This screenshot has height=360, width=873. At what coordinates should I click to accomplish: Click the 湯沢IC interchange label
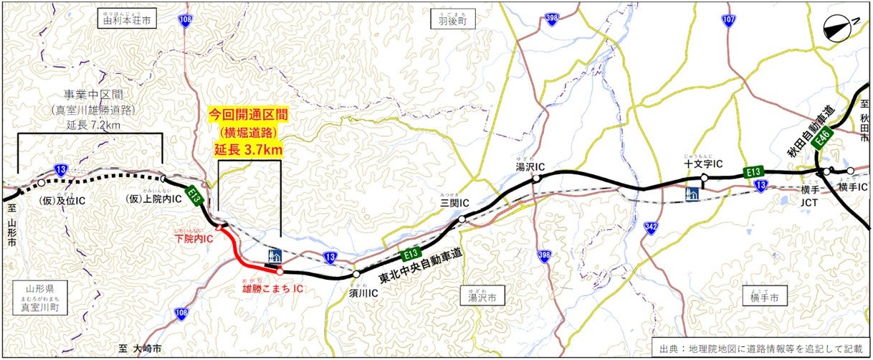tap(530, 166)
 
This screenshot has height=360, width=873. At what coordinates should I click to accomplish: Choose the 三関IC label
tap(454, 203)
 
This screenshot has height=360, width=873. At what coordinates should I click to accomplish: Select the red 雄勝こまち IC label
tap(271, 288)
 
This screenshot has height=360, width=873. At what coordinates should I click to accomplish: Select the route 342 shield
tap(651, 227)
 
